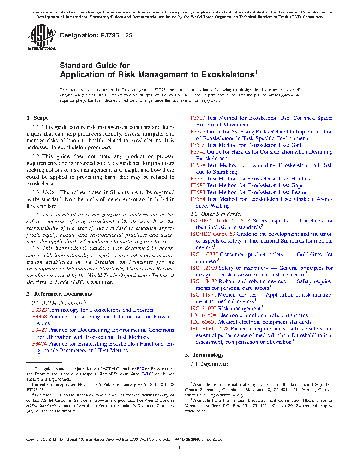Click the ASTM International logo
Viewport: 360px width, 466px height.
pyautogui.click(x=42, y=37)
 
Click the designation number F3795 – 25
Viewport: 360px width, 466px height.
pyautogui.click(x=116, y=35)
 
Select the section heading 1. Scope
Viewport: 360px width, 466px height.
pyautogui.click(x=37, y=118)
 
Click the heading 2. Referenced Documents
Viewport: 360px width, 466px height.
pyautogui.click(x=59, y=294)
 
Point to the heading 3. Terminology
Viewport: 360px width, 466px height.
pyautogui.click(x=204, y=355)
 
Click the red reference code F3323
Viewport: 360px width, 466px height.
pyautogui.click(x=40, y=310)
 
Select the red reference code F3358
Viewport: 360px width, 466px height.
pyautogui.click(x=40, y=317)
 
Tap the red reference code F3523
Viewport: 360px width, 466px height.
pyautogui.click(x=198, y=118)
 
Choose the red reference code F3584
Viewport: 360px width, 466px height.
pyautogui.click(x=198, y=199)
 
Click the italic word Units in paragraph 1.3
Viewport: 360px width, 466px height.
pyautogui.click(x=48, y=192)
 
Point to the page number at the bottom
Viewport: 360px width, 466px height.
pyautogui.click(x=180, y=448)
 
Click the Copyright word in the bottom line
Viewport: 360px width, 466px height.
pyautogui.click(x=34, y=440)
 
